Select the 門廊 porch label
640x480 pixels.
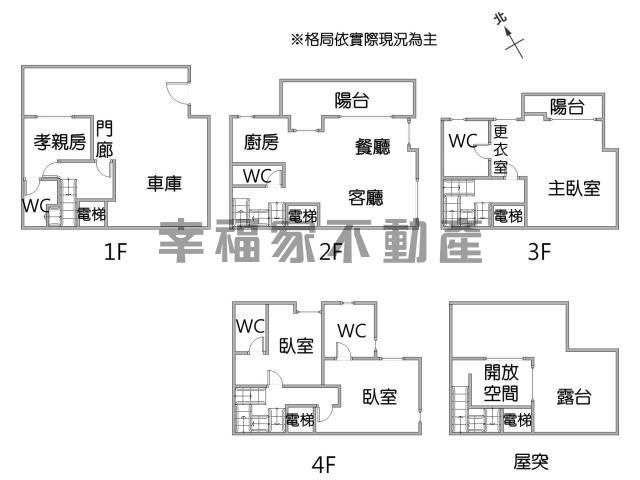coord(105,138)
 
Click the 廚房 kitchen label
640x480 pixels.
coord(261,143)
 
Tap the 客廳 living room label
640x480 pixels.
coord(366,196)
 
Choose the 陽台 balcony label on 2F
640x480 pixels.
coord(351,99)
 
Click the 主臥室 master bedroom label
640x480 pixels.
coord(574,187)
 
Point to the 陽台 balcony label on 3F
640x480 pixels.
coord(567,108)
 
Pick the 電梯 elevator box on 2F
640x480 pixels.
coord(302,215)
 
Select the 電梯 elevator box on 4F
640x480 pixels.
coord(300,420)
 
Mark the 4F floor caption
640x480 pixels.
coord(323,463)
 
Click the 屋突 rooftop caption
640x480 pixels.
coord(531,462)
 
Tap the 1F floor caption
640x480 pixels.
coord(115,252)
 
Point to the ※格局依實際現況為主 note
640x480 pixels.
coord(363,40)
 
